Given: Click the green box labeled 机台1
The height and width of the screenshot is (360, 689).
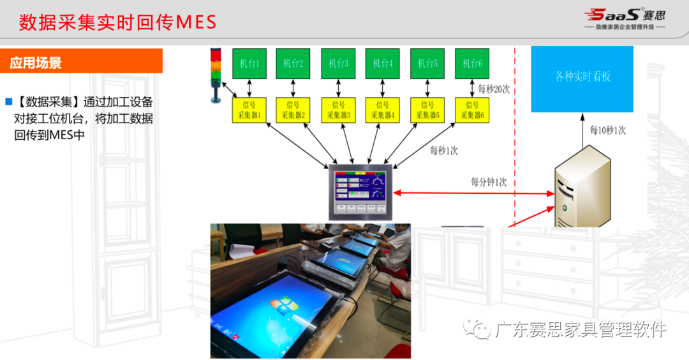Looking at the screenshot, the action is (x=249, y=63).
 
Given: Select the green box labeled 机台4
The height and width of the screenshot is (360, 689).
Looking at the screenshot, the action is (x=383, y=63).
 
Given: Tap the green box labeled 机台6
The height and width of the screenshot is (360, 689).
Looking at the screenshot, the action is (x=472, y=63).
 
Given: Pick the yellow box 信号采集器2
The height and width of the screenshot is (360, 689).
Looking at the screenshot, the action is (x=293, y=110).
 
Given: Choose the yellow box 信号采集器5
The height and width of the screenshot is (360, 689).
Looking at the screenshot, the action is (x=427, y=110).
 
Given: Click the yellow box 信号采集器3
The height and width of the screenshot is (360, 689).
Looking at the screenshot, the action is (x=338, y=110).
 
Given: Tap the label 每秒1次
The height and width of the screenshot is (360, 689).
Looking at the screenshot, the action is (x=443, y=151).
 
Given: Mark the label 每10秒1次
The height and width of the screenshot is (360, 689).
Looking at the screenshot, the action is (x=607, y=130).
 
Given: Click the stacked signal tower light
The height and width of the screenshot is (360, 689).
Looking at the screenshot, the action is (x=215, y=73).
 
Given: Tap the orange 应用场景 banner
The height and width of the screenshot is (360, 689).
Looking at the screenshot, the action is (x=81, y=63).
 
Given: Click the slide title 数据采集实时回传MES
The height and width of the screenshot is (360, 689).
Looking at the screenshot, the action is (x=117, y=22).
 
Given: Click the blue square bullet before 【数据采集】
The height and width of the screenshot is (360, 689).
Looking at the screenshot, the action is (x=9, y=101).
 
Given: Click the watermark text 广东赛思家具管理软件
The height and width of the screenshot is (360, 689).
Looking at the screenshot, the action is (x=579, y=329).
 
